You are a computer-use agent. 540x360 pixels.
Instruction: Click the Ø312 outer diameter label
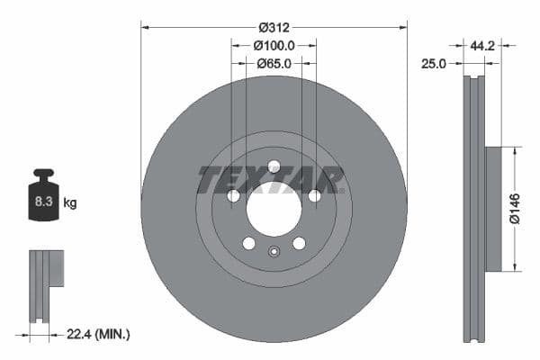(x=274, y=27)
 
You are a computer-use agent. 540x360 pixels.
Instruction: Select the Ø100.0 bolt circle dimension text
(x=274, y=45)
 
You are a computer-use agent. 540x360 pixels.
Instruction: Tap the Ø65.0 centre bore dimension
(x=274, y=64)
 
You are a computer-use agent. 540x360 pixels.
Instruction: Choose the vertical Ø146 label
(x=514, y=208)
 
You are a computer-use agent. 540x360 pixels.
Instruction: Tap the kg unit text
(x=69, y=203)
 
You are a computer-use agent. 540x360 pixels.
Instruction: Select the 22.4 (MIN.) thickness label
(x=99, y=334)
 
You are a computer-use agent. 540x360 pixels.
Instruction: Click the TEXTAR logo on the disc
(x=270, y=179)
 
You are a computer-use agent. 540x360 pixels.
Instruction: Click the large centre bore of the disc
(x=274, y=210)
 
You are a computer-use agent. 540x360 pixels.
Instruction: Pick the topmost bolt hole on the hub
(x=274, y=166)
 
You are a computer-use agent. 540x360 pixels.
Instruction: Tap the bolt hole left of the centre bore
(x=233, y=196)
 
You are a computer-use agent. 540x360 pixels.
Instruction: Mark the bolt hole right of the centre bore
(x=314, y=196)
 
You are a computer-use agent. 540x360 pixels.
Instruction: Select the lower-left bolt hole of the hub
(x=248, y=243)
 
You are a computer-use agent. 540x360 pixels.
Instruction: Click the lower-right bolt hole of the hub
(x=299, y=243)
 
